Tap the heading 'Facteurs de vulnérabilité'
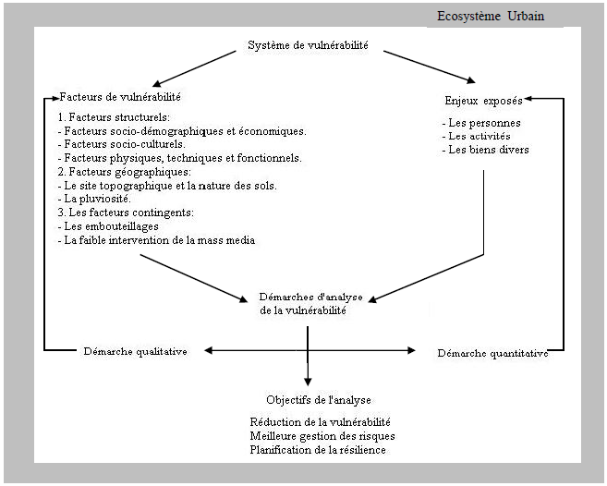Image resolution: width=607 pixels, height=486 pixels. click(120, 97)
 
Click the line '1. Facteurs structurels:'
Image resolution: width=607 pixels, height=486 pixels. click(113, 118)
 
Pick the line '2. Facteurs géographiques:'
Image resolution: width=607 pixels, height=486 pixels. click(117, 172)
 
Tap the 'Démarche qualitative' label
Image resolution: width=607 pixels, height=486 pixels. click(136, 351)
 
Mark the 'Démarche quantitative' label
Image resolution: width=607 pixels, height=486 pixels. click(492, 352)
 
